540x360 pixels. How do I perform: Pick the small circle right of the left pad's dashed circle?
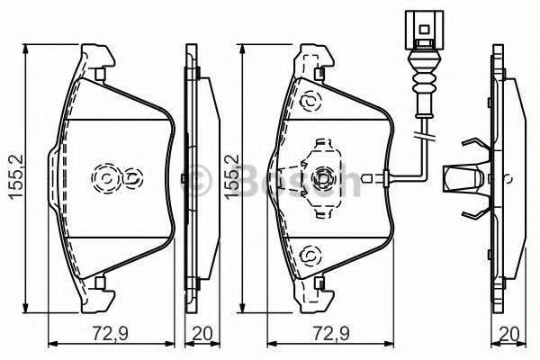pyautogui.click(x=132, y=179)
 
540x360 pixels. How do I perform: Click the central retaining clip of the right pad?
pyautogui.click(x=321, y=176)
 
